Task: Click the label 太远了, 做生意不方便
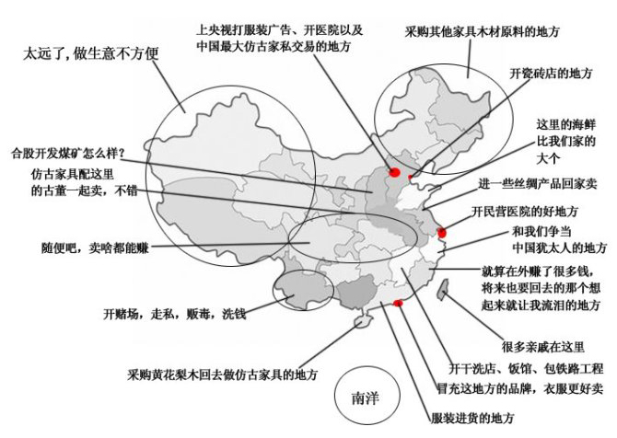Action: pyautogui.click(x=90, y=53)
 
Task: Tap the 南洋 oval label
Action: pyautogui.click(x=363, y=399)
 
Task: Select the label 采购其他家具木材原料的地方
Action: pyautogui.click(x=483, y=31)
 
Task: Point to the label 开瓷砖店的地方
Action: pyautogui.click(x=551, y=73)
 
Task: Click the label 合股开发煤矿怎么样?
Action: pyautogui.click(x=67, y=153)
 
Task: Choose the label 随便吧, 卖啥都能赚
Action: pyautogui.click(x=95, y=248)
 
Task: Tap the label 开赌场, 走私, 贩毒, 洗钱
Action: pyautogui.click(x=174, y=314)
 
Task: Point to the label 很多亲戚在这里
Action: pyautogui.click(x=543, y=346)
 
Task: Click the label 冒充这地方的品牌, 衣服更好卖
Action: pyautogui.click(x=519, y=389)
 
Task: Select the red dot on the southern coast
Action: pyautogui.click(x=398, y=303)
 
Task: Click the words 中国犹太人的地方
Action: pyautogui.click(x=559, y=247)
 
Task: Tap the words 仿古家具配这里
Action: pyautogui.click(x=74, y=175)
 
